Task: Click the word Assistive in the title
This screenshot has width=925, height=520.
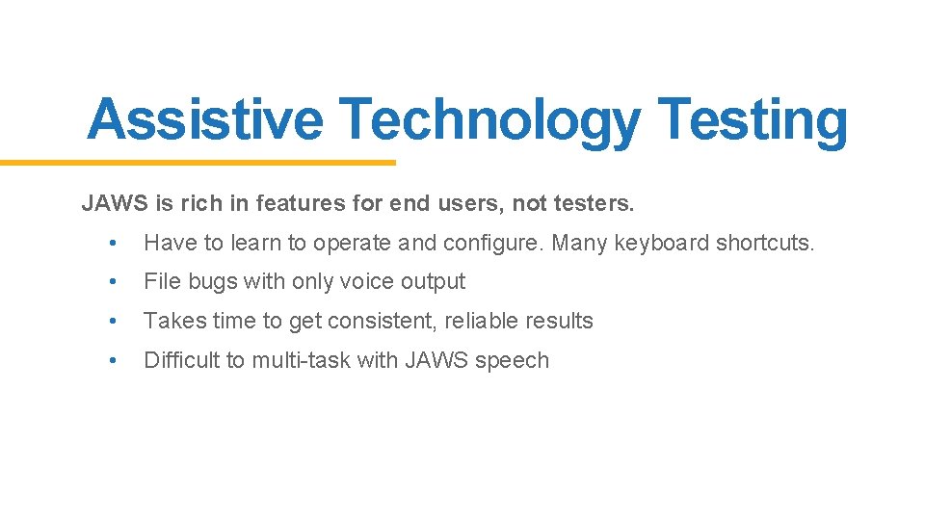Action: [204, 121]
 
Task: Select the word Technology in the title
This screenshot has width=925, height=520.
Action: [489, 121]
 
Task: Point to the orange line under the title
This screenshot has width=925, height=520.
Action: [198, 163]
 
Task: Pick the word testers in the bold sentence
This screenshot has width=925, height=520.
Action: [595, 203]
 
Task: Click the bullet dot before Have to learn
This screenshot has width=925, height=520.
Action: [114, 244]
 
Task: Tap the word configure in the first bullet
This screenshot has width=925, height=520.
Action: [493, 243]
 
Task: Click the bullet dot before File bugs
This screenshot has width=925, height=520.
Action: [114, 282]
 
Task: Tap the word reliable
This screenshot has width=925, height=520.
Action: [483, 321]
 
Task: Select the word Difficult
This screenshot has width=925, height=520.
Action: [182, 360]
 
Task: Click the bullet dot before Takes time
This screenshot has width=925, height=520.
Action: [114, 322]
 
